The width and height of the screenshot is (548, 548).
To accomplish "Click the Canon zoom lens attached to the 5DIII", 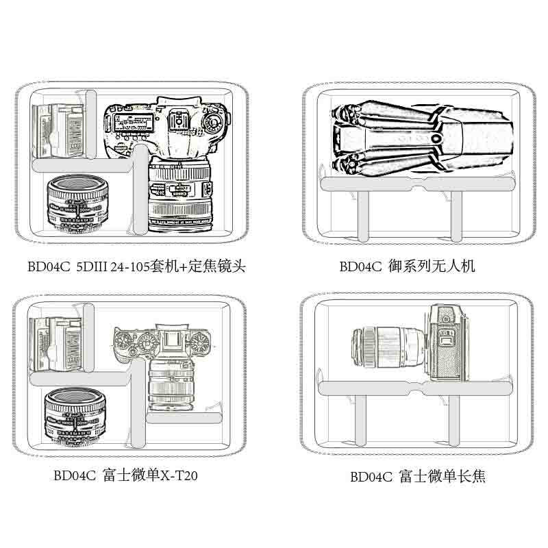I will (182, 199).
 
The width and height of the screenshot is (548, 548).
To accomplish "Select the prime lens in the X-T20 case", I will (74, 414).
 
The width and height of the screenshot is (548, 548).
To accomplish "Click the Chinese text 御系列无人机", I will (431, 266).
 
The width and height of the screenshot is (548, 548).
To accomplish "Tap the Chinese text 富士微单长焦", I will (441, 476).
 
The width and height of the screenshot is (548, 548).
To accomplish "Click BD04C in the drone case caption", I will (360, 266).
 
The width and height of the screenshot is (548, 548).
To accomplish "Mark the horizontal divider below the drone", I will (418, 184).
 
